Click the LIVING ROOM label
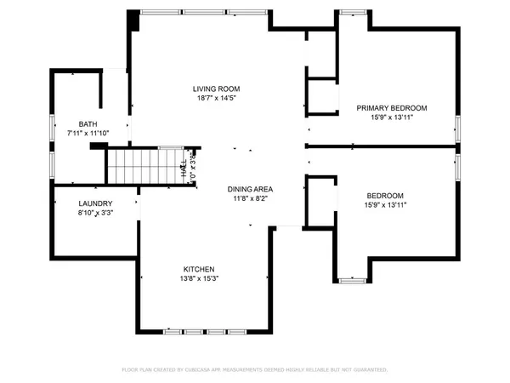pos(215,89)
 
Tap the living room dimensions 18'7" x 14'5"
pos(215,99)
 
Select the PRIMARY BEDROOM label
pos(391,108)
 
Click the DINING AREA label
pos(250,188)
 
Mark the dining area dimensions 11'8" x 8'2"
pos(250,198)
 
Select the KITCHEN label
pos(202,268)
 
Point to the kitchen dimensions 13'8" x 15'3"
pos(202,278)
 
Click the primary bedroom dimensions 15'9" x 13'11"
pos(391,118)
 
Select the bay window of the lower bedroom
pos(351,278)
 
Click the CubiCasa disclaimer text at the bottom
pos(254,370)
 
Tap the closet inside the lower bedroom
pos(321,201)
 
